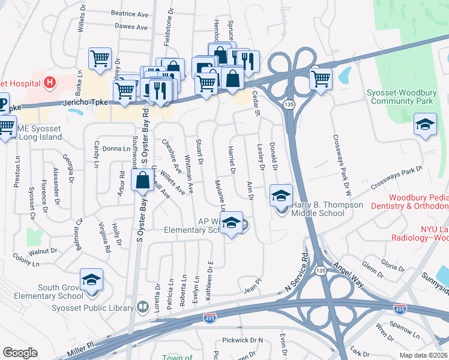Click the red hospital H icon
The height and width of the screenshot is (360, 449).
(x=50, y=82)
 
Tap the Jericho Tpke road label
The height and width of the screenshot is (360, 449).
(x=86, y=103)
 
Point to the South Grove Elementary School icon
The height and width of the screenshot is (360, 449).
(x=91, y=279)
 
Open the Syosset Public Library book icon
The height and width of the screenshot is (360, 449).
(x=142, y=308)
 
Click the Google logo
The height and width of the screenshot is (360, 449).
(x=20, y=353)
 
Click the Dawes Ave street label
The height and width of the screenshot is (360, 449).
(x=131, y=27)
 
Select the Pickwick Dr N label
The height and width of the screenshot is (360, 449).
(x=243, y=340)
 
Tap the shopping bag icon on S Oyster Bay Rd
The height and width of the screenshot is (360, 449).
(x=142, y=181)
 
